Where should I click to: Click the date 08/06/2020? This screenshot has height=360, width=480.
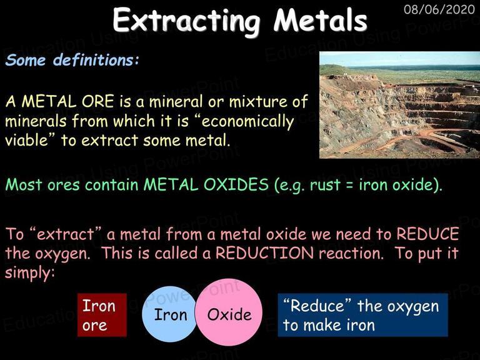click(439, 9)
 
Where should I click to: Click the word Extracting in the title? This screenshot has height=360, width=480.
click(186, 21)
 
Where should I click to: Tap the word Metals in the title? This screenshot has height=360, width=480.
click(321, 20)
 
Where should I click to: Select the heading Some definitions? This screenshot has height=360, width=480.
click(72, 60)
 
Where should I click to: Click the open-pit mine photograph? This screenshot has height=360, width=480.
click(399, 105)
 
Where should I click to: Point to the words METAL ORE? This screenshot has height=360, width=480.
click(67, 101)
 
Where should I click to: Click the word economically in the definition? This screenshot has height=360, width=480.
click(247, 121)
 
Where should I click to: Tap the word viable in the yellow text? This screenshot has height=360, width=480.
click(27, 140)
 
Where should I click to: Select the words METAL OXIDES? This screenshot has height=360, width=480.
click(206, 184)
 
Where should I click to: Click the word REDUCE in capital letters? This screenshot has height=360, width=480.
click(427, 234)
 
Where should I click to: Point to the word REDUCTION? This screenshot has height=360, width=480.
click(265, 253)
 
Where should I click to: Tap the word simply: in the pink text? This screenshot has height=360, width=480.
click(30, 272)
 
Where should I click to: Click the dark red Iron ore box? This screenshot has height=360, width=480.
click(102, 315)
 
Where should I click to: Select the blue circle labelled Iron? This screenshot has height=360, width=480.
click(169, 314)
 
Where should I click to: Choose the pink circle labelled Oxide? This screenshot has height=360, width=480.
click(228, 312)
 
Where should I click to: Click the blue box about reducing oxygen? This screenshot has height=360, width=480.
click(362, 315)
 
